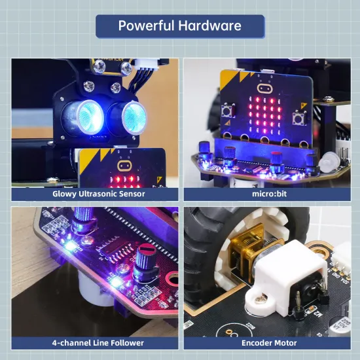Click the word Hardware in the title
tap(211, 26)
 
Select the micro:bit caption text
tap(269, 194)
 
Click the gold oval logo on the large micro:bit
tap(265, 87)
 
